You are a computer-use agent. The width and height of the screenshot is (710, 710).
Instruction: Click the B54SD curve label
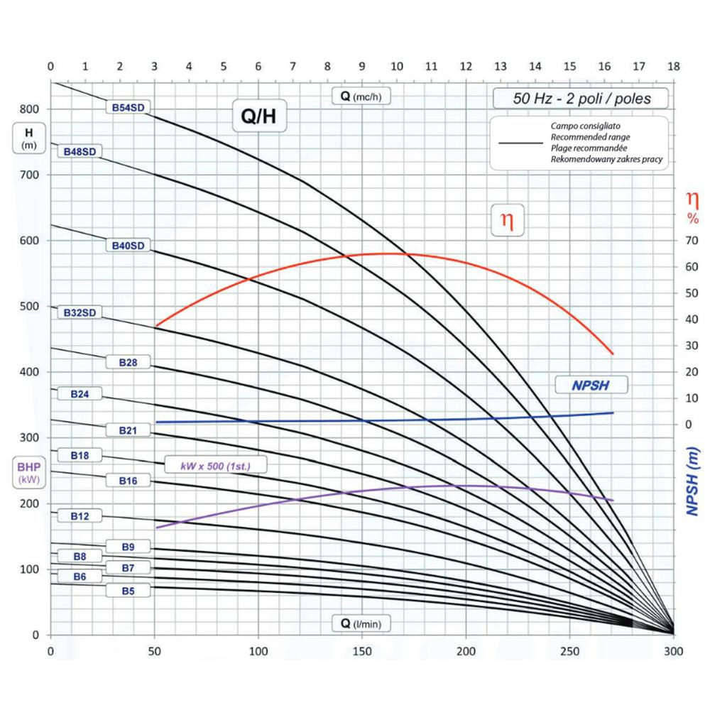129,107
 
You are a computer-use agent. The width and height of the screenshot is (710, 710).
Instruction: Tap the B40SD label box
129,246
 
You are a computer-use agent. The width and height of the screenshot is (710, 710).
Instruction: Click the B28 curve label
129,362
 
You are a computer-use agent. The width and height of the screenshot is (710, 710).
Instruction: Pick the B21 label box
129,430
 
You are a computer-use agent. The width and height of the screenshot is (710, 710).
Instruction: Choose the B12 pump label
80,516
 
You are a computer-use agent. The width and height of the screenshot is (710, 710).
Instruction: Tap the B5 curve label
129,590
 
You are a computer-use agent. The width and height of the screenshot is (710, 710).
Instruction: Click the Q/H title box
259,117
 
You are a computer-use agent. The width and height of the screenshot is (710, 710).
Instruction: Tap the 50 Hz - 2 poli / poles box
581,99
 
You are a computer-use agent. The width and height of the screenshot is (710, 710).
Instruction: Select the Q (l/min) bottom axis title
361,624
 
